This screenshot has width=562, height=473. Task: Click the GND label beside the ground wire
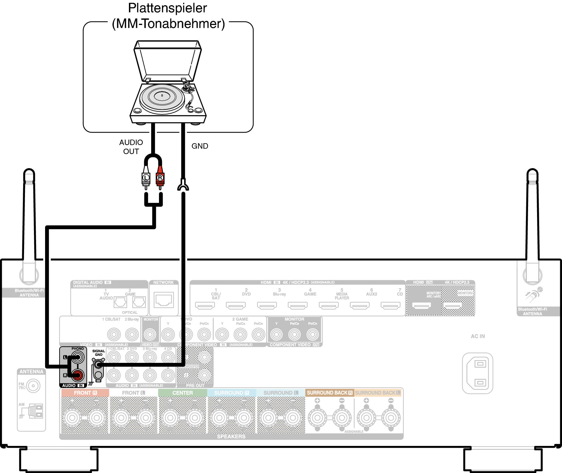coord(200,146)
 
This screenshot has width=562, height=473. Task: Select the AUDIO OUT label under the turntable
coord(131,147)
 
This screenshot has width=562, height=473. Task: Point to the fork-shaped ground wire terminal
coord(183,186)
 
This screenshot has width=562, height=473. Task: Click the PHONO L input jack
coord(78,357)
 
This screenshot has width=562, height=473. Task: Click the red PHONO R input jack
coord(78,375)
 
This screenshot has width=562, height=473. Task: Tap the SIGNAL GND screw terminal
coord(98,365)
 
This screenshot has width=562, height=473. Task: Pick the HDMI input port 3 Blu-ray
coord(267,306)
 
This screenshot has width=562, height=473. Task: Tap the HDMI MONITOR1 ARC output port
coord(422,306)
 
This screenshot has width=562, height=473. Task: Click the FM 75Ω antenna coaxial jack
coord(33,386)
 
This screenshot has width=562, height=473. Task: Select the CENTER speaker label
coord(182,393)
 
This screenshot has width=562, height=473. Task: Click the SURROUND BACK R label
coord(329,393)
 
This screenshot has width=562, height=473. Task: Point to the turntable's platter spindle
coord(162,95)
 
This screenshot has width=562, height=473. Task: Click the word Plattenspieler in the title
coord(167,8)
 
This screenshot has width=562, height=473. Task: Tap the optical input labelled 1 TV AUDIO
coord(120,302)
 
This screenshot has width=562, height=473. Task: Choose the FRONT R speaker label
coord(85,393)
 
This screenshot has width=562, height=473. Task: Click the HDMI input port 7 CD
coord(390,306)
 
